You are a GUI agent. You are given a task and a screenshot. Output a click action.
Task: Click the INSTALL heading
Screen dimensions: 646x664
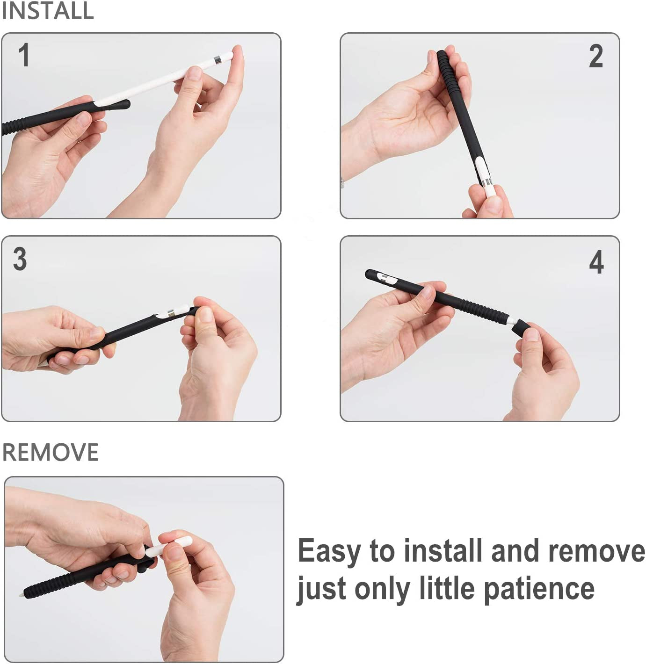pos(48,11)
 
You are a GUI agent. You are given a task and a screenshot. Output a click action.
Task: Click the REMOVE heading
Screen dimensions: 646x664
pos(51,452)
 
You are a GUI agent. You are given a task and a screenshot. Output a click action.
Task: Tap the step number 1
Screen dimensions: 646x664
pos(24,55)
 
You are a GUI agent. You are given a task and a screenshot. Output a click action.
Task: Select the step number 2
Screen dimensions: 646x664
pos(595,56)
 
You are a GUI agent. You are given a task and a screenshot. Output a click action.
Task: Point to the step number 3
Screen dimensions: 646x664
pos(20,259)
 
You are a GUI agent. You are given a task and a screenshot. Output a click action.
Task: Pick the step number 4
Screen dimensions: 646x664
pos(596,262)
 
